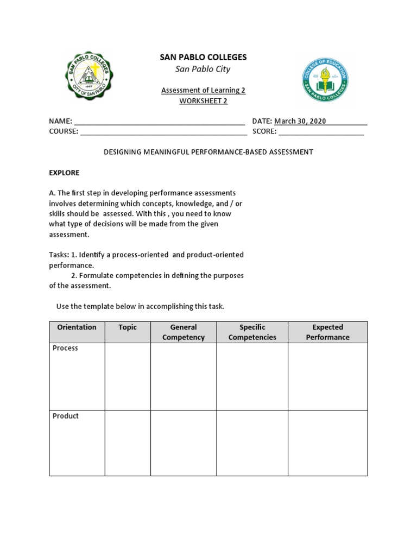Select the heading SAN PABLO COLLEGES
(x=203, y=57)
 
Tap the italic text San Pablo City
(x=203, y=69)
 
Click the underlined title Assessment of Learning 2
(x=203, y=90)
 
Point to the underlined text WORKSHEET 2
(x=203, y=101)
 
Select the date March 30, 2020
(x=300, y=121)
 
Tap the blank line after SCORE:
(x=321, y=131)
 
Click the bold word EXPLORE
(x=64, y=173)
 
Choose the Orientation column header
(x=77, y=327)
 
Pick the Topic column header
(x=128, y=327)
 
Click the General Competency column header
(x=184, y=332)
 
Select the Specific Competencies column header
(x=252, y=332)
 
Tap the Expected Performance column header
(x=327, y=332)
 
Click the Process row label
(x=65, y=348)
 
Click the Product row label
(x=66, y=416)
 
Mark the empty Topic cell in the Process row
(x=128, y=376)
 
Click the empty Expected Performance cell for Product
(x=327, y=443)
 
